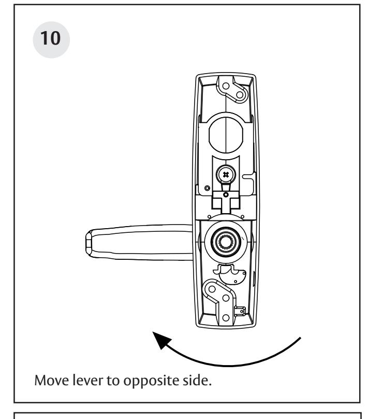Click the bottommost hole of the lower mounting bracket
(x=226, y=315)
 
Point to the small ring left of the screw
(x=207, y=187)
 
